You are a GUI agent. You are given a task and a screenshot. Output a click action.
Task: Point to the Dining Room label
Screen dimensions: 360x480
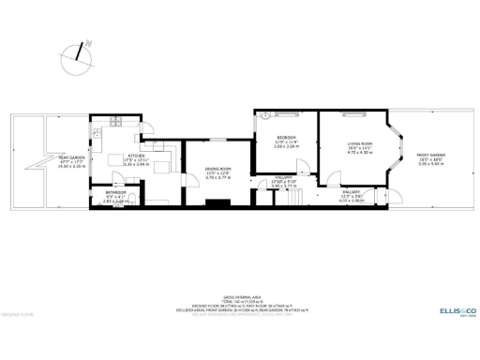point(217,172)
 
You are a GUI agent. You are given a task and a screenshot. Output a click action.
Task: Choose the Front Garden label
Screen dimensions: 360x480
point(431,158)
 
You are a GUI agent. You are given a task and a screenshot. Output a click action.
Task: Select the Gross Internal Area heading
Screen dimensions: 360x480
point(241,294)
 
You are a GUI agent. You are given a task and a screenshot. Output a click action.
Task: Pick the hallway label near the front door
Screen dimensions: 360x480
point(352,196)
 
